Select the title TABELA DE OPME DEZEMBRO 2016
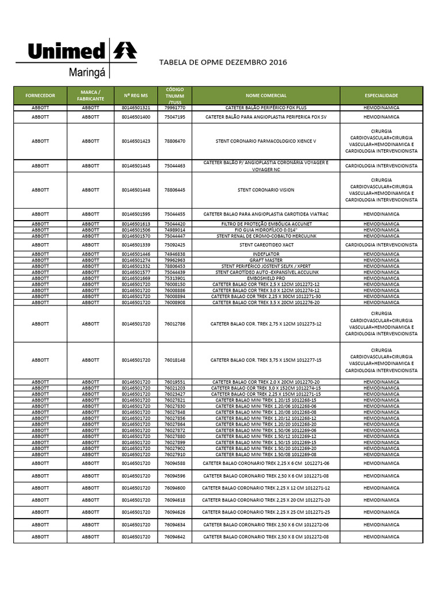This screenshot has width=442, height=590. point(222,62)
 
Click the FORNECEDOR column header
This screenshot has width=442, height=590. point(40,96)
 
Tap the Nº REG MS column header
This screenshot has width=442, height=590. point(136,96)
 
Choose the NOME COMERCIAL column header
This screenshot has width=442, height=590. point(266,96)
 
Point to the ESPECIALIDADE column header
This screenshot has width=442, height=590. point(381,96)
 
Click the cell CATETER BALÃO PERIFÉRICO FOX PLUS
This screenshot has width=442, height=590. point(266,108)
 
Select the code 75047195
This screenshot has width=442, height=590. point(175,117)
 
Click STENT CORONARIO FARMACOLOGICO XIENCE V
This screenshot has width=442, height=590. point(266,141)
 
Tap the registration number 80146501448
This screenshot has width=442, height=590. point(136,190)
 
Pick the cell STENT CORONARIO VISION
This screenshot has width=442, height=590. point(266,190)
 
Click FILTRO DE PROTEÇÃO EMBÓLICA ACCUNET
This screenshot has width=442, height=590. point(266,224)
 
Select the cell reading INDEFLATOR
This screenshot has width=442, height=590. point(266,254)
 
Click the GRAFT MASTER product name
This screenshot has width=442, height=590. point(266,260)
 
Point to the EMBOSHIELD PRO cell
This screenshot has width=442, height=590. point(266,278)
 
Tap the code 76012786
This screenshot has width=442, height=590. point(175,324)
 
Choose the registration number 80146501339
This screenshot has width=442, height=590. point(136,245)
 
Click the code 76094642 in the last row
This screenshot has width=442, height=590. point(175,536)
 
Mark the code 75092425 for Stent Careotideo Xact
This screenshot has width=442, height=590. point(175,245)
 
